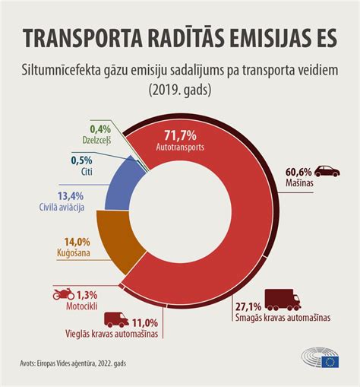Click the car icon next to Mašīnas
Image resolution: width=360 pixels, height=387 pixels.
pyautogui.click(x=328, y=171)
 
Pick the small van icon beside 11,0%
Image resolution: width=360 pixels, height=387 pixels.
pyautogui.click(x=115, y=320)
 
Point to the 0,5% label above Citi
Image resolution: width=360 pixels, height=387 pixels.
pyautogui.click(x=82, y=160)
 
